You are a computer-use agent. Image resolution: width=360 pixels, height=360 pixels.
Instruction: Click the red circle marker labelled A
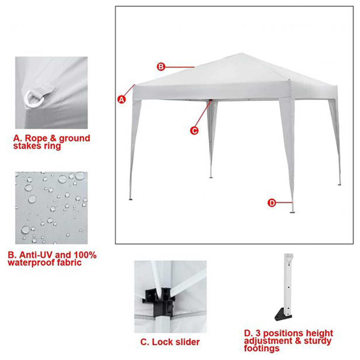tap(121, 99)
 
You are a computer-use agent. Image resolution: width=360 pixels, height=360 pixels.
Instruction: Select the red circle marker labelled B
tap(161, 67)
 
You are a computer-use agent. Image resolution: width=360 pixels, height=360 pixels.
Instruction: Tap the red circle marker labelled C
tap(194, 130)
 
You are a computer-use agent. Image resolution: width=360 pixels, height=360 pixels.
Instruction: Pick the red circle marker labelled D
tap(272, 203)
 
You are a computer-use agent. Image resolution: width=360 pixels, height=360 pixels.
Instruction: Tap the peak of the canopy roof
tap(242, 53)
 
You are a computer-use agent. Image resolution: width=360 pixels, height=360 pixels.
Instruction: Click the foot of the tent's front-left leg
tap(130, 199)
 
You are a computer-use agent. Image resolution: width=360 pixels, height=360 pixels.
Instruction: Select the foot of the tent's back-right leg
tap(339, 185)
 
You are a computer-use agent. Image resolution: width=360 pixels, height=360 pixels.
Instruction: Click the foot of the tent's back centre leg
tap(211, 177)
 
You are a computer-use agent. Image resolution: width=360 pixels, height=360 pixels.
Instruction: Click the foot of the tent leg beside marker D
tap(292, 212)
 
